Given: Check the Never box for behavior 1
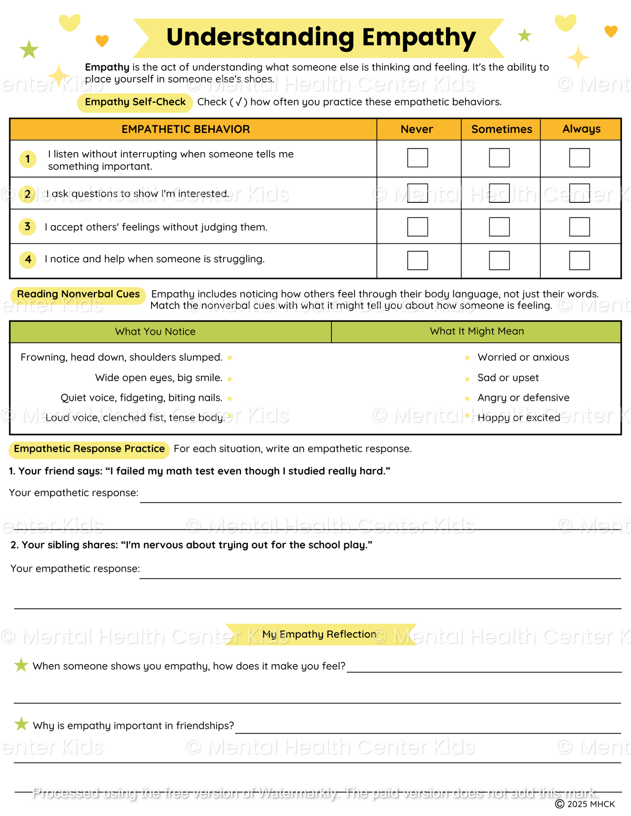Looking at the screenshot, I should pos(417,158).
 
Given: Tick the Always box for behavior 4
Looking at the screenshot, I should pos(579,260).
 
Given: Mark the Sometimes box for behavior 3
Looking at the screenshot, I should pos(499,227).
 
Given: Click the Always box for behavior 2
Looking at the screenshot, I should pos(579,193).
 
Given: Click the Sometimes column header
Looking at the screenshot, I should pos(501,129).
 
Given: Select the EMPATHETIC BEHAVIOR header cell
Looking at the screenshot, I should pos(186,129).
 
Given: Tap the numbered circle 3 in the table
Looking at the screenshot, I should pos(28,227).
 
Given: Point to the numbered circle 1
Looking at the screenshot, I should pos(28,159).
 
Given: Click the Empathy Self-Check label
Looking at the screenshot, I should pos(135,102).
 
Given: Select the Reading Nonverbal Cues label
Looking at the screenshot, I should pos(78,294).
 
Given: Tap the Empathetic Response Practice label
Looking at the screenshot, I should pos(89,449).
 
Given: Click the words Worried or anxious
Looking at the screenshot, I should pos(523,357).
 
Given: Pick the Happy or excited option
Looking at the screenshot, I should pos(519,417).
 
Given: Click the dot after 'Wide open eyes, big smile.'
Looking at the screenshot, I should pos(230,379).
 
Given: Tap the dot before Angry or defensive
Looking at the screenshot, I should pos(467,398).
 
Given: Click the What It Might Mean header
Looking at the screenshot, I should pos(476,331).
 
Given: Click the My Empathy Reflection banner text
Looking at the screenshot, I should pos(319,634).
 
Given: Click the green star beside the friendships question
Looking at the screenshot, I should pos(21,724).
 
